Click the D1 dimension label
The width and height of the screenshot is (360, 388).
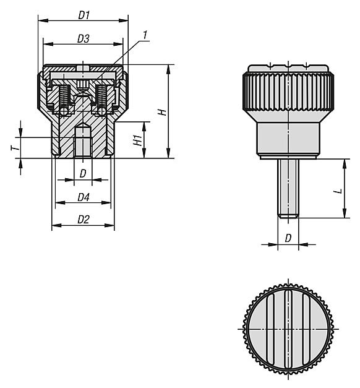point(84,15)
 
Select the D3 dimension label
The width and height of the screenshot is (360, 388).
point(83,39)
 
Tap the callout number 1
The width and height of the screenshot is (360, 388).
point(145,35)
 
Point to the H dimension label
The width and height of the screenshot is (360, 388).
point(163,112)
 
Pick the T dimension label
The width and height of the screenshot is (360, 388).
point(15,148)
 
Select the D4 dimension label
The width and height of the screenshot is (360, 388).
point(84,197)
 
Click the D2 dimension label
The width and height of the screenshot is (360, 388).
point(84,220)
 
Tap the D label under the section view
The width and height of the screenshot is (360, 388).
point(83,174)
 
